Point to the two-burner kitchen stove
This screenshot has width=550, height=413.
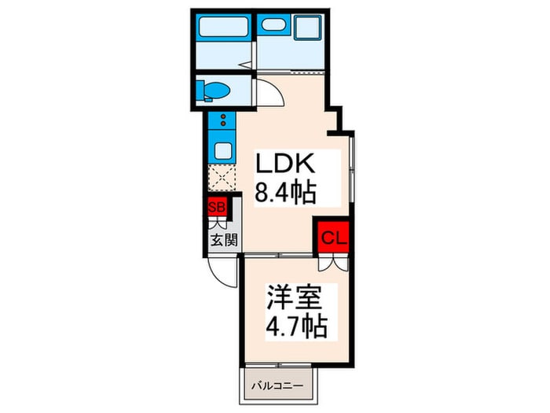pos(222,121)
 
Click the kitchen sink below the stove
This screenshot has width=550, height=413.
pos(222,150)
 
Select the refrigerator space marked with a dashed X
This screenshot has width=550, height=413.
pos(222,180)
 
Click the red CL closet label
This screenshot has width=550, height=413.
pos(332,235)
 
